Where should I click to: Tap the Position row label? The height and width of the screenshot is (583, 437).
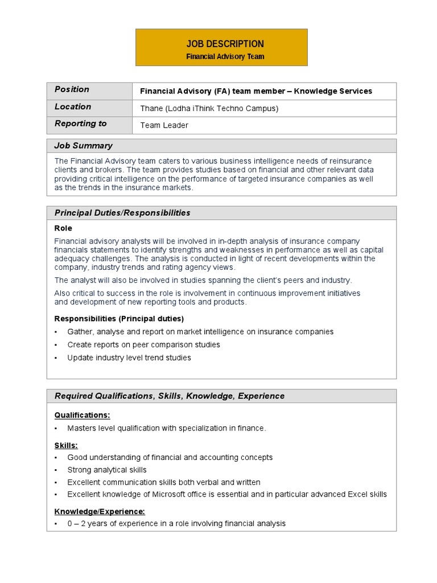click(72, 89)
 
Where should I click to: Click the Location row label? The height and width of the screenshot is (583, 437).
click(73, 106)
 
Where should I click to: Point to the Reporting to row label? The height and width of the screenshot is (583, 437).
click(80, 124)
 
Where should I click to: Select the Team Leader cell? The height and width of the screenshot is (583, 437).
click(164, 125)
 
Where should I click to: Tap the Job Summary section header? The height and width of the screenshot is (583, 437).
click(83, 146)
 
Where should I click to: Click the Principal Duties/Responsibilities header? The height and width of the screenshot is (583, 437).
click(122, 213)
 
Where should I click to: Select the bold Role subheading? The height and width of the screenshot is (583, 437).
click(63, 228)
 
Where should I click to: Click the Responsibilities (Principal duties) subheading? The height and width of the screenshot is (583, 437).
click(119, 318)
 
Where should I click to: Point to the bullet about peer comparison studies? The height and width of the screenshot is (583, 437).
click(143, 344)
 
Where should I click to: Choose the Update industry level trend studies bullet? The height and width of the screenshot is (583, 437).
click(129, 358)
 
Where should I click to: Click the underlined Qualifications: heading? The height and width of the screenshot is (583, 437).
click(82, 415)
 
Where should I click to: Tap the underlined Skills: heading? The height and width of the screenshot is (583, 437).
click(66, 445)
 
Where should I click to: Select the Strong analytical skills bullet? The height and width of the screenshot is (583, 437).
click(107, 470)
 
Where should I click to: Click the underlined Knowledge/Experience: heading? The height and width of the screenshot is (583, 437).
click(100, 511)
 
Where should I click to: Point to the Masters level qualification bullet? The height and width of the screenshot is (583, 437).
click(166, 428)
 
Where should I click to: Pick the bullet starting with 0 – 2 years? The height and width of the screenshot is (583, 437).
click(176, 523)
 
